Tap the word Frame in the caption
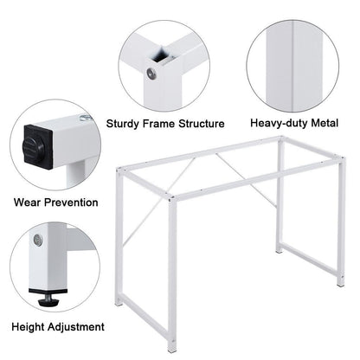(x=162, y=124)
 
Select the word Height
(x=30, y=327)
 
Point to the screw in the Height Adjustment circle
(x=36, y=240)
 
